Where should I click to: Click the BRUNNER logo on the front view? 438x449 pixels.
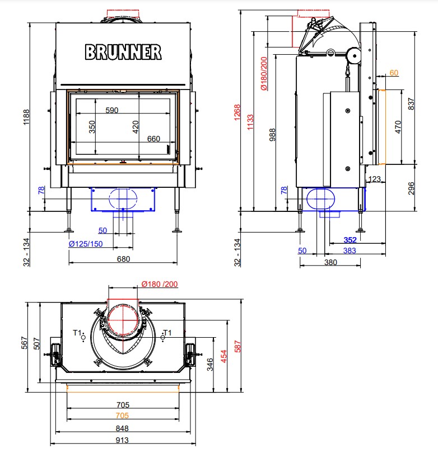123,52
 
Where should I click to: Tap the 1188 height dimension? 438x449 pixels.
26,117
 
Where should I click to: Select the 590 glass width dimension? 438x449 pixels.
112,110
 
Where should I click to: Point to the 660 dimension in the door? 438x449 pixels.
153,139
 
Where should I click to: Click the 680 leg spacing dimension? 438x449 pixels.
123,259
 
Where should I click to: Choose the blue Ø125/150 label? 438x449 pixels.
86,244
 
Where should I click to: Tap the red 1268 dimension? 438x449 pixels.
237,112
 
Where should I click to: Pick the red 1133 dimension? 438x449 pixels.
250,122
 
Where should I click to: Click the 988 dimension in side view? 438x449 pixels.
272,135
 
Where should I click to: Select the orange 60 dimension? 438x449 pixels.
394,73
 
